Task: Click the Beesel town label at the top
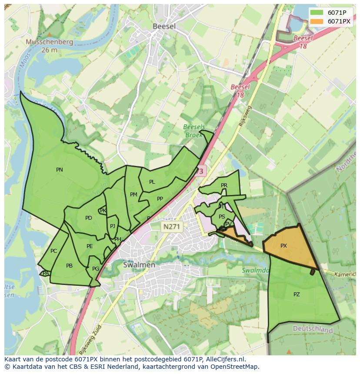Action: click(x=164, y=26)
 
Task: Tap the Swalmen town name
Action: click(x=139, y=265)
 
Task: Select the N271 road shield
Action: click(x=173, y=226)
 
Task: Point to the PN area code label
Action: click(x=60, y=170)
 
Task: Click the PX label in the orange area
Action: click(x=283, y=246)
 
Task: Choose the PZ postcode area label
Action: click(x=297, y=295)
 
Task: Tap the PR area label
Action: click(x=224, y=185)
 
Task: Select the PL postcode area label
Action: click(x=152, y=182)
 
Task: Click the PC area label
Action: click(x=53, y=251)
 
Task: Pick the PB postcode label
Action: click(x=69, y=266)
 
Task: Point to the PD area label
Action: click(x=89, y=218)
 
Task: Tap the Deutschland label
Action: click(x=313, y=330)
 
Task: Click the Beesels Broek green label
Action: click(x=193, y=131)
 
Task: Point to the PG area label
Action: click(x=96, y=269)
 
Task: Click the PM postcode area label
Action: click(x=133, y=195)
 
